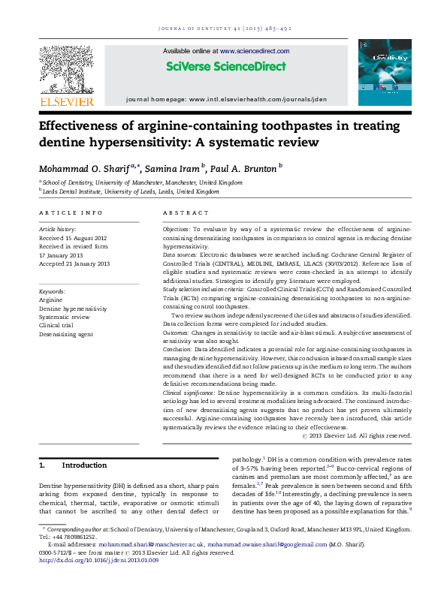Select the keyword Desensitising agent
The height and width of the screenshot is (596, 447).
[65, 334]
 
